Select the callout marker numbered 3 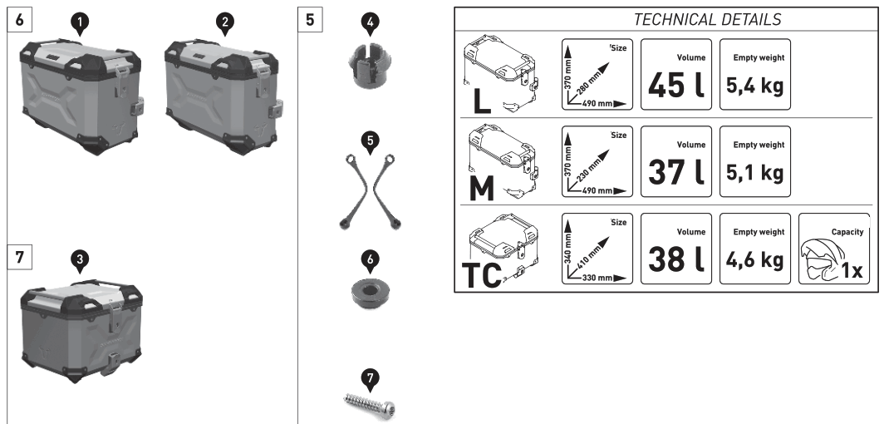tap(78, 260)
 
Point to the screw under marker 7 tap(371, 404)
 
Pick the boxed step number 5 tap(310, 19)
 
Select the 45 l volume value tap(675, 86)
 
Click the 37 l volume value tap(675, 171)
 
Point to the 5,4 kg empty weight tap(754, 86)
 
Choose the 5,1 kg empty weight tap(754, 172)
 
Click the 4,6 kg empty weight tap(754, 259)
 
